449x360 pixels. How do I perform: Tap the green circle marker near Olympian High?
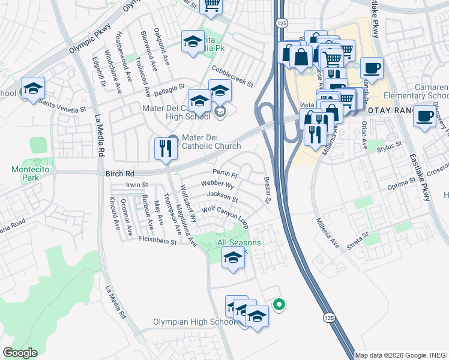(279, 305)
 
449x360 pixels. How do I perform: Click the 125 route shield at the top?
(282, 23)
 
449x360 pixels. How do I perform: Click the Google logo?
(20, 353)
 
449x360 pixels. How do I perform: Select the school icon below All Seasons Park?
(233, 259)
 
